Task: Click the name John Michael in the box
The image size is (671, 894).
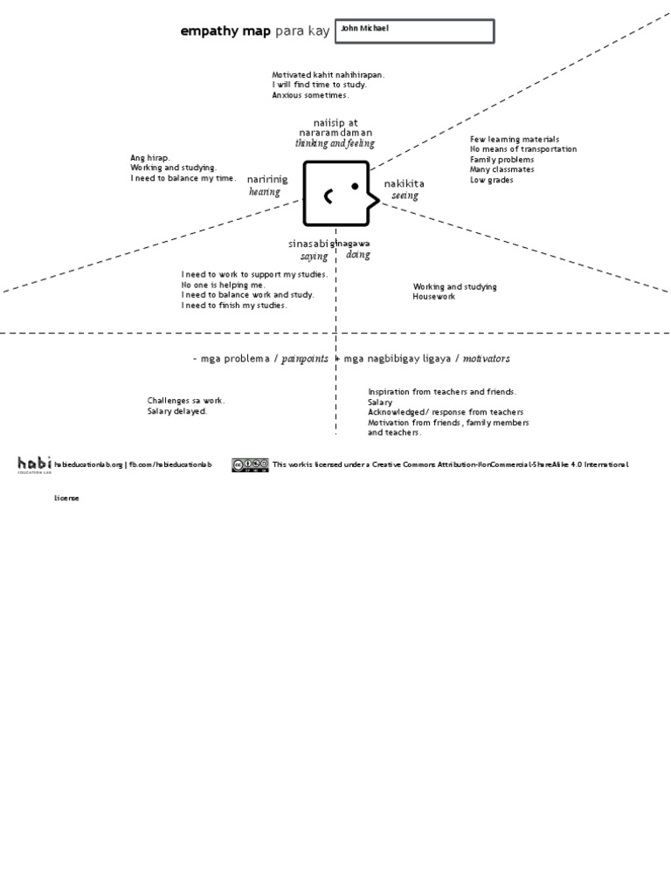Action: [x=364, y=29]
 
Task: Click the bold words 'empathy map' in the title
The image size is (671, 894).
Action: [x=225, y=31]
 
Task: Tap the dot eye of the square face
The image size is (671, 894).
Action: [x=355, y=186]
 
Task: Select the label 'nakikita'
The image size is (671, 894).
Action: [x=405, y=183]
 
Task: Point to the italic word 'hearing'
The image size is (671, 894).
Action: [x=265, y=192]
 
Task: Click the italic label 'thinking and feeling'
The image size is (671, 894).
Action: [x=335, y=143]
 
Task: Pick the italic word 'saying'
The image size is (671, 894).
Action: [x=315, y=257]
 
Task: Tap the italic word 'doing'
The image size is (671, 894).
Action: [x=358, y=255]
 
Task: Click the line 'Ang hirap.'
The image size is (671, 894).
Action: [x=150, y=158]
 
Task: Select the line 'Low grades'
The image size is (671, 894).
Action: [x=492, y=180]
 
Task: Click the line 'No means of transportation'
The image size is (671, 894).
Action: [x=523, y=149]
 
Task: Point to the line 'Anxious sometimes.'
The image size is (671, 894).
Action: [x=310, y=95]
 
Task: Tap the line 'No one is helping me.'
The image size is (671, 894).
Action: [x=224, y=285]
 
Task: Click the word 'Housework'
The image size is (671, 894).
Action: [x=434, y=297]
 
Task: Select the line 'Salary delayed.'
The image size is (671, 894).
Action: [x=177, y=410]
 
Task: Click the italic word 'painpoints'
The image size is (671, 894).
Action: [x=306, y=359]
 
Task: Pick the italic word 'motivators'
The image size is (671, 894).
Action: [x=487, y=359]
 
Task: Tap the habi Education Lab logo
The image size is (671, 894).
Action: [x=34, y=464]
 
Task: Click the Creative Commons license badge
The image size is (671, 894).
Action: [x=250, y=464]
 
